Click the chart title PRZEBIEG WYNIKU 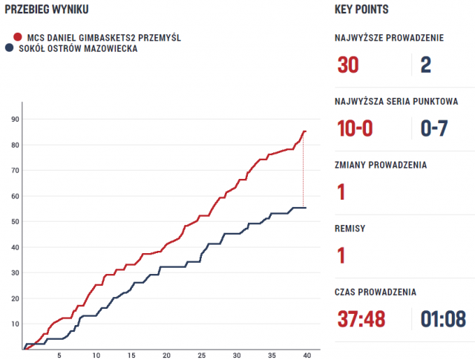[47, 10]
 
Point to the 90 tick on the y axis [15, 120]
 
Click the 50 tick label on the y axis [15, 222]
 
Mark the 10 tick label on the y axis [15, 324]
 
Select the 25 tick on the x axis [202, 356]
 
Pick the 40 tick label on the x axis [307, 356]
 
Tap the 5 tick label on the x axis [61, 356]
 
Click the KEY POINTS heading [362, 10]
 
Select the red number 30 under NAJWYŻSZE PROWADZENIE [348, 65]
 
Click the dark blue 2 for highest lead [425, 65]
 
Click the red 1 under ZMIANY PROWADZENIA [341, 192]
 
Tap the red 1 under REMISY [341, 256]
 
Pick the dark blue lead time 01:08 [443, 319]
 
